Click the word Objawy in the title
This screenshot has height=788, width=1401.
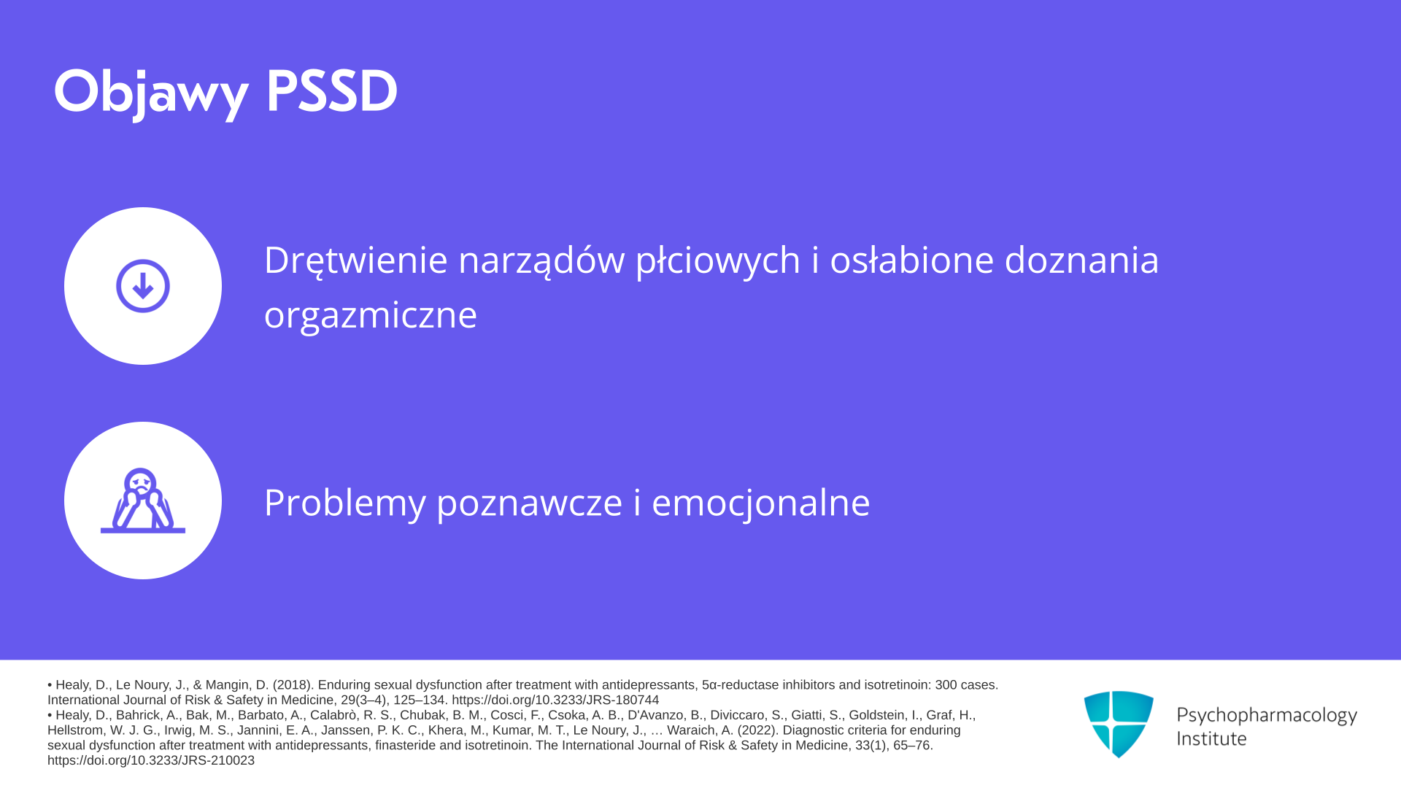point(151,93)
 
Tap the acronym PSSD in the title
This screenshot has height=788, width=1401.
point(332,91)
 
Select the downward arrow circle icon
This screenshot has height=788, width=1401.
point(143,286)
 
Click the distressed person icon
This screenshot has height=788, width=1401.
point(143,501)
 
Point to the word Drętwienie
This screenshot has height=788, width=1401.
point(355,261)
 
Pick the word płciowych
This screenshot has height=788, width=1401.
point(718,261)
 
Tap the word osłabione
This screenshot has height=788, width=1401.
point(912,260)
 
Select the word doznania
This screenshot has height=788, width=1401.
point(1082,260)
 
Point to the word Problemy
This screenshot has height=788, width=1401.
point(345,503)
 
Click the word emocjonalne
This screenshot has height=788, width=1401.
point(761,503)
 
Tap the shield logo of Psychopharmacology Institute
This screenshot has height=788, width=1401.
point(1119,724)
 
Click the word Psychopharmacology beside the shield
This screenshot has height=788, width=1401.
point(1267,716)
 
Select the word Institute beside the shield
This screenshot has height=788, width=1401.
point(1212,738)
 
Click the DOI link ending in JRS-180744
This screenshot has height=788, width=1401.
point(555,700)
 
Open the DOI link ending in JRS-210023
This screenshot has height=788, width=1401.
point(151,760)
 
